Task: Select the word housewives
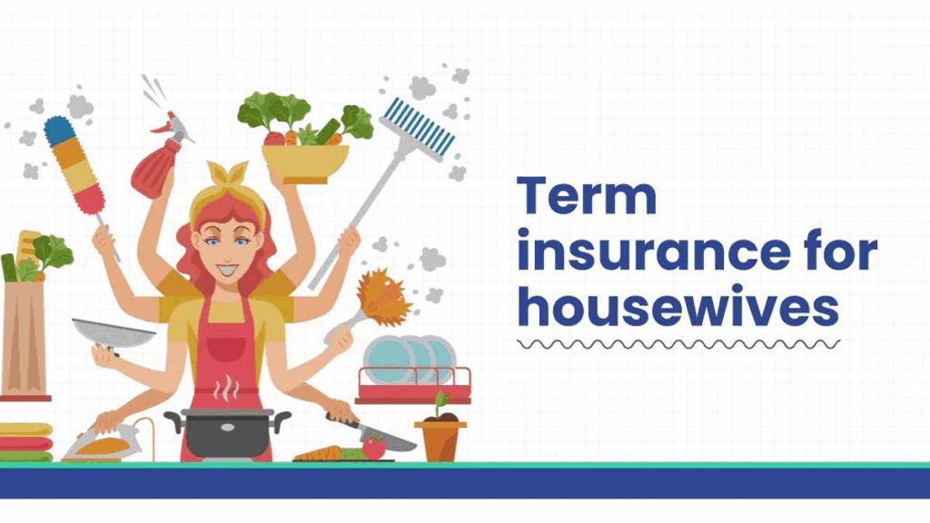pyautogui.click(x=678, y=309)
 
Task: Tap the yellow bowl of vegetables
pyautogui.click(x=306, y=162)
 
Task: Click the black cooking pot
pyautogui.click(x=227, y=430)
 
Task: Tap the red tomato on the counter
pyautogui.click(x=373, y=448)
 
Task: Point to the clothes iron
pyautogui.click(x=104, y=444)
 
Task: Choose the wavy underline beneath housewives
pyautogui.click(x=678, y=344)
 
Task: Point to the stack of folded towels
pyautogui.click(x=25, y=442)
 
